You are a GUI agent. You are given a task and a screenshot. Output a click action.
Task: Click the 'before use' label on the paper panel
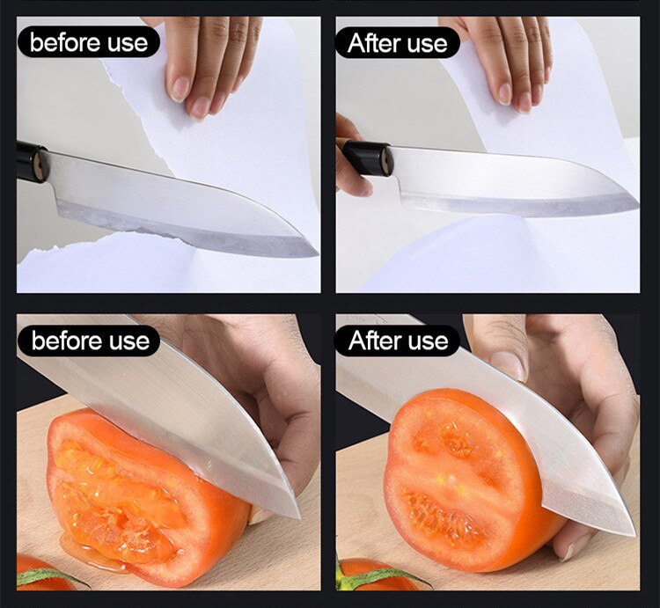88,41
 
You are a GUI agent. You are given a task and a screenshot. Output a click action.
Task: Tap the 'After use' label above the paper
398,42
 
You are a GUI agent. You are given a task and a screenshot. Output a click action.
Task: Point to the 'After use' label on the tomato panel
398,340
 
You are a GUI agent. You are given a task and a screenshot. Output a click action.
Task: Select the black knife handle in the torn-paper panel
32,163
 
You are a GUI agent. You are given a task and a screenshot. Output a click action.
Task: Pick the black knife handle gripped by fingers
366,158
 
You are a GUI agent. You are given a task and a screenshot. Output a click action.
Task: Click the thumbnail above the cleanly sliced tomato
507,363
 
